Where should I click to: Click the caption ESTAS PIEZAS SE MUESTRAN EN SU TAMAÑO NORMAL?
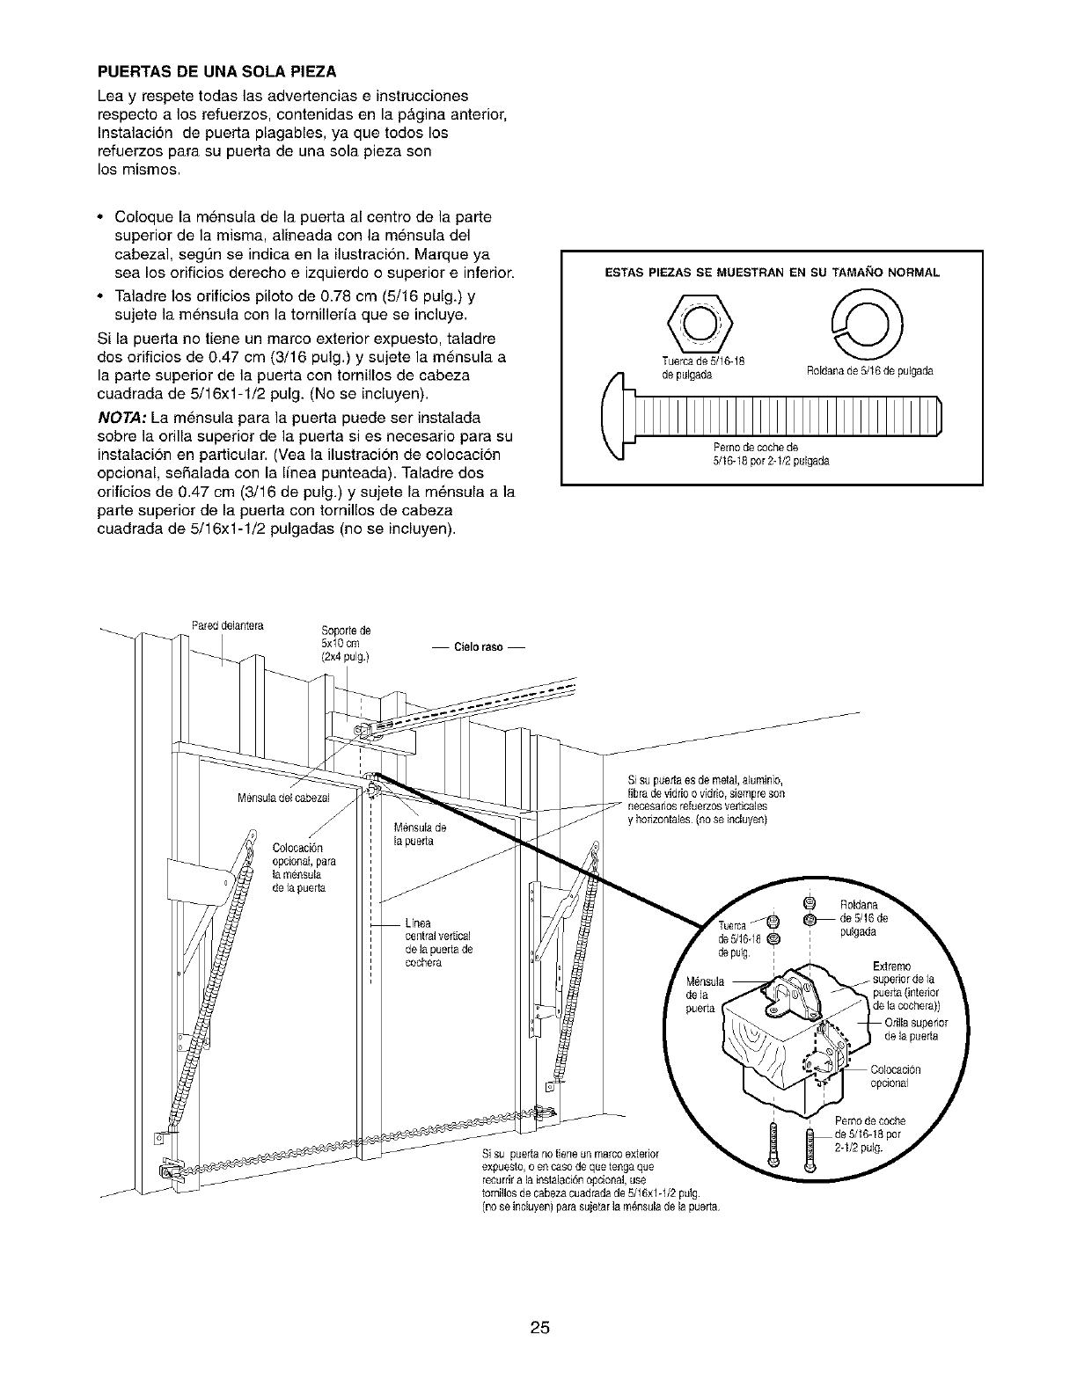click(x=771, y=273)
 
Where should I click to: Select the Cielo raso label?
click(x=479, y=647)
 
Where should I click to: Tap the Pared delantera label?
click(x=228, y=625)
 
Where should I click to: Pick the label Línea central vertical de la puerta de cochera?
click(x=437, y=943)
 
